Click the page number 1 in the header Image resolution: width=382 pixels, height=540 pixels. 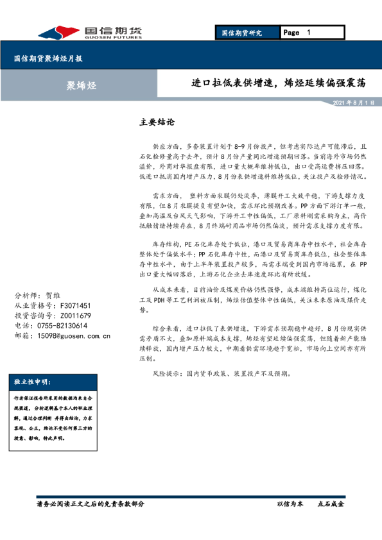pyautogui.click(x=309, y=32)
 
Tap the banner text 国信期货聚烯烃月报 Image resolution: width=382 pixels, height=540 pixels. pyautogui.click(x=48, y=58)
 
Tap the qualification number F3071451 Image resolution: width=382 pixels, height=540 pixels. pyautogui.click(x=70, y=306)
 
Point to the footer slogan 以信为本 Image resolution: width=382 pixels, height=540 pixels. pyautogui.click(x=290, y=505)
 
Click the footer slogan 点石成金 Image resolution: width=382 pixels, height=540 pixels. pyautogui.click(x=331, y=505)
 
